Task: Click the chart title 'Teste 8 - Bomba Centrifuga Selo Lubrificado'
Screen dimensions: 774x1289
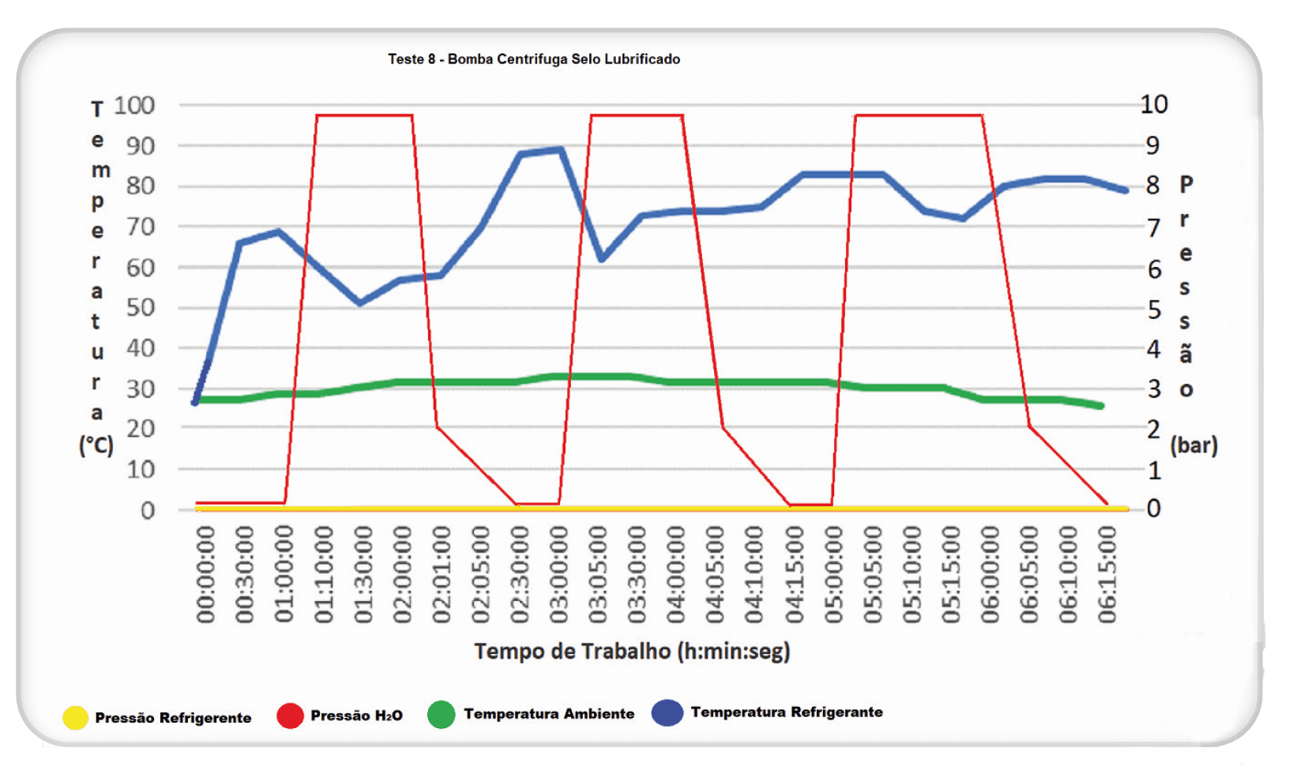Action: point(534,59)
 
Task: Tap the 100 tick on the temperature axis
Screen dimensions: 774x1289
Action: point(134,105)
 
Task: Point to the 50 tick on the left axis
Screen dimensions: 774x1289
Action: point(141,307)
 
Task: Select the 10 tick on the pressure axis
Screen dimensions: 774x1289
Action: point(1153,104)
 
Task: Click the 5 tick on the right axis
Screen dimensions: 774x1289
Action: point(1154,310)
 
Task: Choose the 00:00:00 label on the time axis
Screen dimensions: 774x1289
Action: point(205,574)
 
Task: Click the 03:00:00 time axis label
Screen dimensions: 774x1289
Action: point(559,574)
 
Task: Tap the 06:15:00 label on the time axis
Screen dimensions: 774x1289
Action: point(1108,574)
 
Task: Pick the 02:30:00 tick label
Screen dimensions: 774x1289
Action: point(520,574)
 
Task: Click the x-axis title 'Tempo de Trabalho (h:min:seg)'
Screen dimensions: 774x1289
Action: point(632,652)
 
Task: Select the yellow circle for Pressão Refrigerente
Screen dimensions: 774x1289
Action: point(75,717)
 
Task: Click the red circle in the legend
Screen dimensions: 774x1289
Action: point(290,716)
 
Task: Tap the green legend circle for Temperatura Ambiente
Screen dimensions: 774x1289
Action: point(441,715)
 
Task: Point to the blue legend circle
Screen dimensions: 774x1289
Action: point(667,712)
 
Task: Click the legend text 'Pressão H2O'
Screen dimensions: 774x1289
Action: point(356,716)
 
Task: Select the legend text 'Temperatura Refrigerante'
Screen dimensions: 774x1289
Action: point(787,712)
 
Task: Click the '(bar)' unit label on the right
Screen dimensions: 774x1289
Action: point(1193,445)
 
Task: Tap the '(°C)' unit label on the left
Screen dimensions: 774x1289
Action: point(96,445)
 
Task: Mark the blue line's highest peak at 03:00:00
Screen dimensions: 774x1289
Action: point(560,148)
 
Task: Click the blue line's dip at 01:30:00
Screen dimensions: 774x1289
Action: point(360,302)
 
